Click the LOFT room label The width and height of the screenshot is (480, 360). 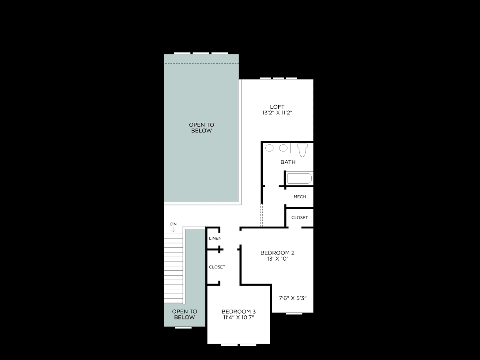coord(277,107)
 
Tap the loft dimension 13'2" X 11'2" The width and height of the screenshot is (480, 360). coord(277,113)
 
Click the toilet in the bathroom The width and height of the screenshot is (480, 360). coord(302,150)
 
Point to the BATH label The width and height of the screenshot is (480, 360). coord(288,162)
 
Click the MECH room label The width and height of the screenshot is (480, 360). coord(300,197)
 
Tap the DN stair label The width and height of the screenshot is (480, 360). coord(174,224)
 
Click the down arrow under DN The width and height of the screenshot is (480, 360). coord(174,229)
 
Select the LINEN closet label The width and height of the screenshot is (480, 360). coord(215,239)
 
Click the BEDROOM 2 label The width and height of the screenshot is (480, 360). coord(277,253)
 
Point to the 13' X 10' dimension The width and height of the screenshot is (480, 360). coord(277,259)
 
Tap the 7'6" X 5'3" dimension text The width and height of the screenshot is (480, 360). coord(293,298)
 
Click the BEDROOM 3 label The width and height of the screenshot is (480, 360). coord(239,312)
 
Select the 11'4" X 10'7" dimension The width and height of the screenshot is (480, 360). coord(239,318)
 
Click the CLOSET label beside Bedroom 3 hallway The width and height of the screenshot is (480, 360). coord(217,267)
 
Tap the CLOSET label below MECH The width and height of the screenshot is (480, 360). coord(300,218)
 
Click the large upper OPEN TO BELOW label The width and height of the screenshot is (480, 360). coord(201,128)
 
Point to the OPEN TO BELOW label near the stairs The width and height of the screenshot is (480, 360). coord(185,315)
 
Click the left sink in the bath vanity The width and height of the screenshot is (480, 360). coord(269,148)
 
